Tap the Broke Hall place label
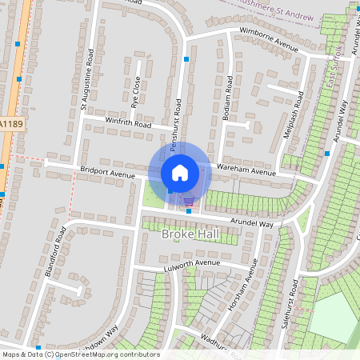tap(190, 234)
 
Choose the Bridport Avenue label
tap(108, 172)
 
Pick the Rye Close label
tap(136, 92)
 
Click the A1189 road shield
tap(10, 125)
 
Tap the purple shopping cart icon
tap(189, 201)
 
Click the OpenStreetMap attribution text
tap(81, 354)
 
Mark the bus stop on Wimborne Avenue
tap(186, 59)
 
